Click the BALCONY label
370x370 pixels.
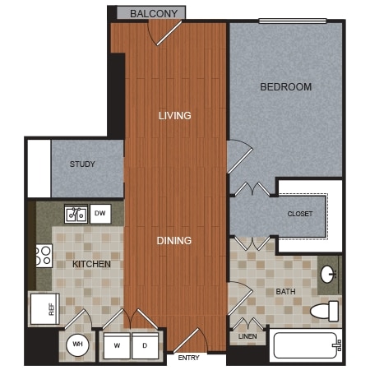154,13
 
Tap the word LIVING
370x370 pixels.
175,115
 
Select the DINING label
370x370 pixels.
174,240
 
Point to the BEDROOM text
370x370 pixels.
286,87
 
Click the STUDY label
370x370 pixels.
82,164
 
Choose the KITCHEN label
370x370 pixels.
91,264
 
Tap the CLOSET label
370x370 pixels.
300,214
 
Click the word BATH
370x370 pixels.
285,291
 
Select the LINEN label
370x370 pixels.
247,336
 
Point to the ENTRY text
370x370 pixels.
188,358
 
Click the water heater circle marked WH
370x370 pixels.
77,345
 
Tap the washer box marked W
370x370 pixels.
117,345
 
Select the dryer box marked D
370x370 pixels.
145,345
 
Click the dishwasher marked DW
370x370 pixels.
100,214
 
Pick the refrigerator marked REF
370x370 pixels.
45,309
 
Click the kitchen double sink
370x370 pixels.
76,214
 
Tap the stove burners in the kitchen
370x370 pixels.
44,256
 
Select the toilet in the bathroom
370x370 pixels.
325,311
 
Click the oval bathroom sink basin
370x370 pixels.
327,274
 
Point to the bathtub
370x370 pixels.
306,345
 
